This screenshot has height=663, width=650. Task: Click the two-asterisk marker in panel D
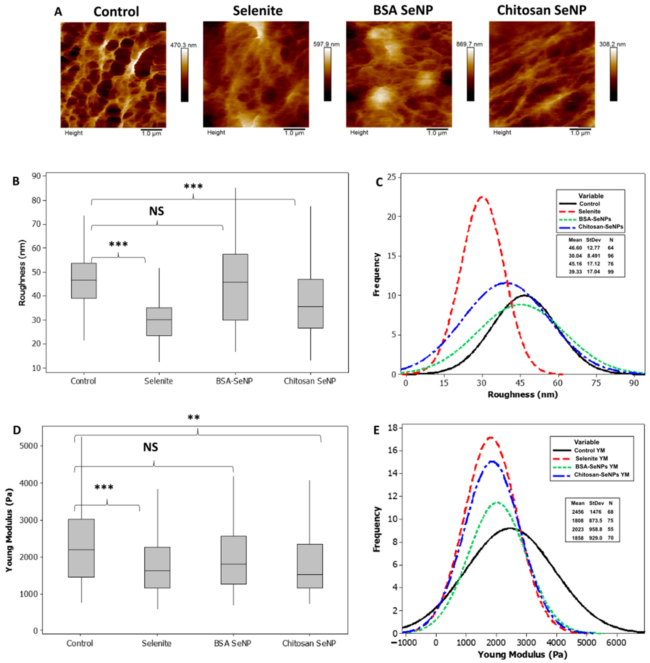[x=194, y=418]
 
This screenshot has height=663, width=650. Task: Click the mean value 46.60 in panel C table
[x=575, y=248]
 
